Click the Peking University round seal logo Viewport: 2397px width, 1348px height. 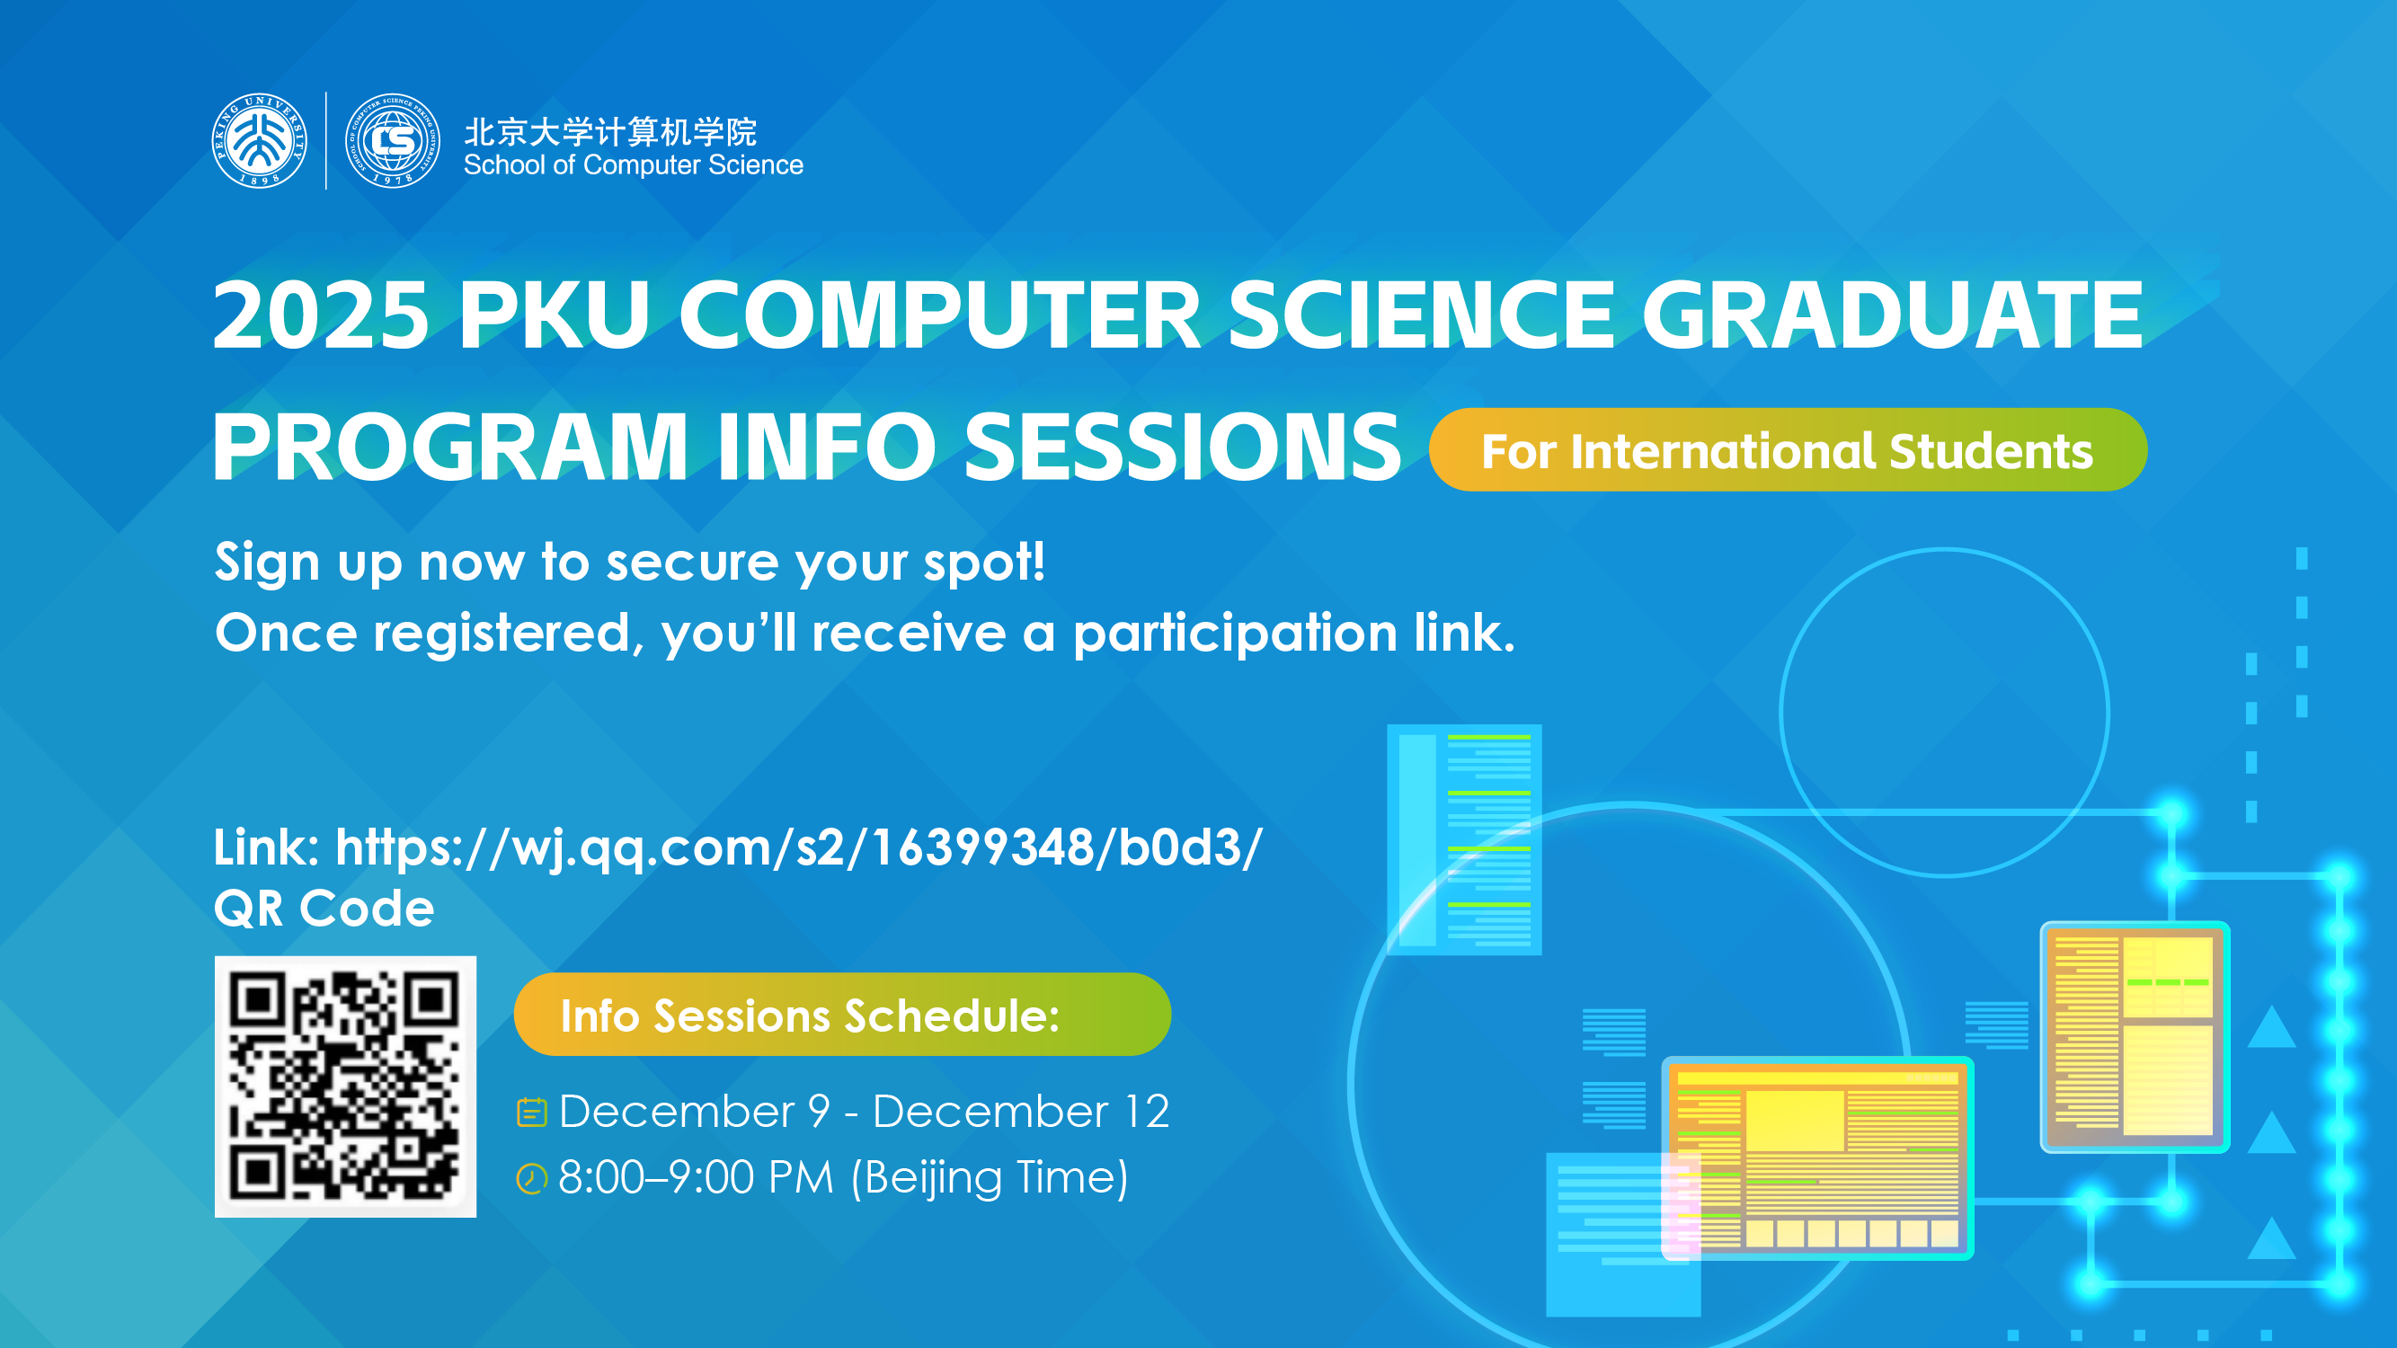click(260, 140)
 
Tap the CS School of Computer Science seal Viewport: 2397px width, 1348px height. click(393, 140)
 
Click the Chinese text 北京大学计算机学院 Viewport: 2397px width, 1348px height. click(610, 132)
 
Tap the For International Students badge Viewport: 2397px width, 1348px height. click(1788, 450)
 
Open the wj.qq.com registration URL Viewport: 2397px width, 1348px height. click(799, 847)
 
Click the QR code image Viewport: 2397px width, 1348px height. click(345, 1086)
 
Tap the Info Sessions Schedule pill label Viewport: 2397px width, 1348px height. click(842, 1014)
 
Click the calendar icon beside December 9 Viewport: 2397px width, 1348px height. click(531, 1112)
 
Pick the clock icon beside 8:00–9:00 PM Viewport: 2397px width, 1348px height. click(531, 1179)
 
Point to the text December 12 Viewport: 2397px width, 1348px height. click(1021, 1112)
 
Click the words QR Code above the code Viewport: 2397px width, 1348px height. click(324, 908)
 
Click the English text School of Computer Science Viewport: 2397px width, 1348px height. click(634, 165)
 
